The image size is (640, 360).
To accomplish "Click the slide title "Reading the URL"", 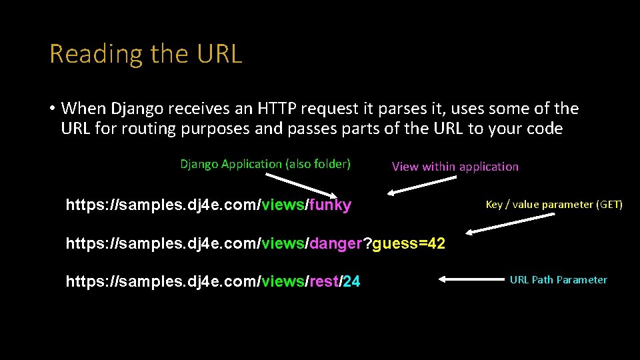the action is pos(145,54).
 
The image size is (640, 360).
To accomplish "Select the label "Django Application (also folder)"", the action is pos(265,164).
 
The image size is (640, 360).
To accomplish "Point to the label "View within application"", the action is pos(455,167).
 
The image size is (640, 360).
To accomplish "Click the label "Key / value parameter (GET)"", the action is pos(554,205).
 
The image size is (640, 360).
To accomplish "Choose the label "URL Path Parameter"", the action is pos(558,280).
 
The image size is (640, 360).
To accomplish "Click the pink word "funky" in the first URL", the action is pos(330,205).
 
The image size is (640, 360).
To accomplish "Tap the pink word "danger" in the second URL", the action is pos(336,244).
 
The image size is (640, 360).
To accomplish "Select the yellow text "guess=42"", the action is pos(409,244).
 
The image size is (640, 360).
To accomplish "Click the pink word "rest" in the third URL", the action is pos(324,282).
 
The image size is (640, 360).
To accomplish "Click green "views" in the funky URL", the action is pos(283,205).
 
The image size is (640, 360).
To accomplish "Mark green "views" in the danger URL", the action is pos(283,244).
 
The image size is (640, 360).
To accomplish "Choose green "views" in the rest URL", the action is pos(283,282).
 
